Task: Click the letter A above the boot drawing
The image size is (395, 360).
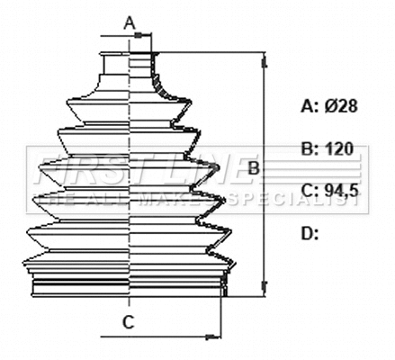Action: [130, 22]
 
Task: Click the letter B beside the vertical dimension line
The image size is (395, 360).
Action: [254, 167]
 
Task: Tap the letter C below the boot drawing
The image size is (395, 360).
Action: [129, 320]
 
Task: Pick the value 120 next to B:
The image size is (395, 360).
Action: [338, 148]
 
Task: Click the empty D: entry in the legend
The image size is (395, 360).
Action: [310, 234]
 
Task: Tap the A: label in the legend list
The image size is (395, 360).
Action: [309, 105]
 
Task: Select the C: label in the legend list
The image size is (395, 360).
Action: [309, 191]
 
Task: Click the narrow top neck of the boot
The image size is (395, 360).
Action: [130, 65]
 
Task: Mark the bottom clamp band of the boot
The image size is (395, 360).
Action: [126, 286]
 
